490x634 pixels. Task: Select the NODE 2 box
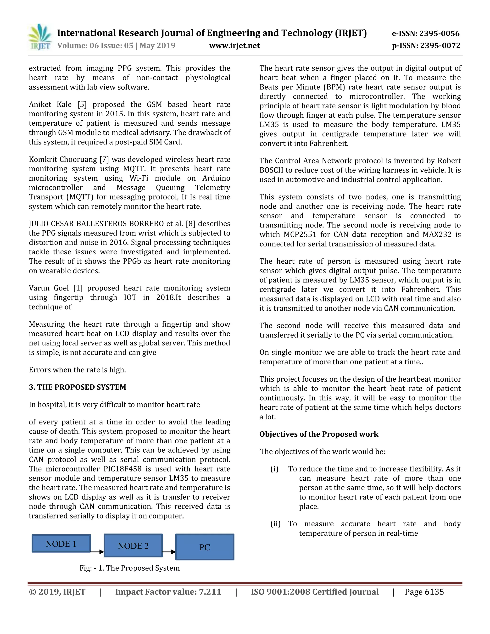(x=133, y=545)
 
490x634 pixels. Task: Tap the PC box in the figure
(x=205, y=547)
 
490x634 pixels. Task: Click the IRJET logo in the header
(x=40, y=37)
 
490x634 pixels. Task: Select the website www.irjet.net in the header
(x=234, y=45)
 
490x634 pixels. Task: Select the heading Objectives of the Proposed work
(x=319, y=434)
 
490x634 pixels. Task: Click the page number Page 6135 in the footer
(x=424, y=592)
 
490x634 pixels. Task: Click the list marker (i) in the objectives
(x=274, y=469)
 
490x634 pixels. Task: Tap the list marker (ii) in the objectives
(x=275, y=524)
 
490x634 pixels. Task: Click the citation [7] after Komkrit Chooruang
(x=104, y=159)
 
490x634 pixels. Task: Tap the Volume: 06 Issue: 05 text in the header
(x=95, y=45)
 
